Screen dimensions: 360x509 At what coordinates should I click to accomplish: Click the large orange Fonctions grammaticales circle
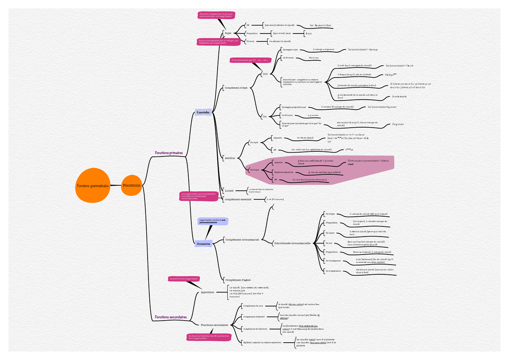93,186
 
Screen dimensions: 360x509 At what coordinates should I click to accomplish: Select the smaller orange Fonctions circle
131,185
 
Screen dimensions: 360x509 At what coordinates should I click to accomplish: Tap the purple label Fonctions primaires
169,153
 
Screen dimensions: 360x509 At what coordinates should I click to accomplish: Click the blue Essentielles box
203,112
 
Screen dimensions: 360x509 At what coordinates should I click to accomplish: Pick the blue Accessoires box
203,244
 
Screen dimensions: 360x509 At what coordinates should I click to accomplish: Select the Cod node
266,74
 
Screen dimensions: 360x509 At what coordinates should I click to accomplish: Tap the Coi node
265,116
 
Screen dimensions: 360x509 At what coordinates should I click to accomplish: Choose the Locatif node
229,191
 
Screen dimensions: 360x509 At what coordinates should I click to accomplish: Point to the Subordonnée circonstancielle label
292,243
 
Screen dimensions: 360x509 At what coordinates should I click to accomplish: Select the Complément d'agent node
238,280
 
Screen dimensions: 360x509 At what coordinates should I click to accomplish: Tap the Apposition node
207,292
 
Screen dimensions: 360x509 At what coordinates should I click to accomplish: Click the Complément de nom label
253,305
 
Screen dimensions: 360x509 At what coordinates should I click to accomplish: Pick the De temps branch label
329,214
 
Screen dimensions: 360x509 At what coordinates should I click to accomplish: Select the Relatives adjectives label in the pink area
284,172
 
